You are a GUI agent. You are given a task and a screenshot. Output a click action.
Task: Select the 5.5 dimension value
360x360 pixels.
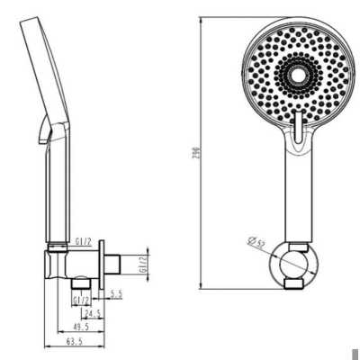point(116,293)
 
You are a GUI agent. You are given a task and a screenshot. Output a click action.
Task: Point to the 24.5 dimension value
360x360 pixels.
point(92,313)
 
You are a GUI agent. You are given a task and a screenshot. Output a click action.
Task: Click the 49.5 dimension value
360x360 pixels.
point(81,327)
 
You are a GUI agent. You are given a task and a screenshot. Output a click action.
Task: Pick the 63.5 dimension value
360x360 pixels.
point(74,341)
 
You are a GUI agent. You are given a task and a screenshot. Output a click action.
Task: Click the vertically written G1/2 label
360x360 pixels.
point(143,264)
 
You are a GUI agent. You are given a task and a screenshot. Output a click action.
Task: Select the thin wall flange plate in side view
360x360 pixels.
point(102,265)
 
